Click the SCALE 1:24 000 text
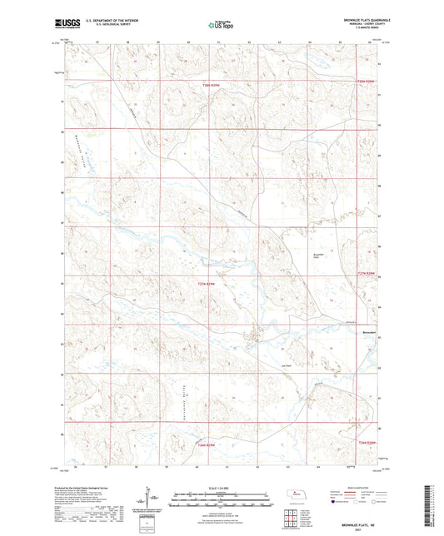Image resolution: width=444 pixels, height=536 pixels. [x=222, y=487]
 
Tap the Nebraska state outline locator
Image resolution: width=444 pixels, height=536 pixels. [x=298, y=493]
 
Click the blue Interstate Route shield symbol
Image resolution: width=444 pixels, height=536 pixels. [x=335, y=502]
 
